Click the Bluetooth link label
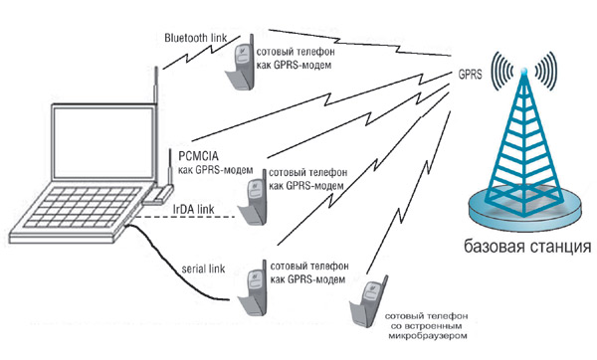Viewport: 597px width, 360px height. pyautogui.click(x=195, y=38)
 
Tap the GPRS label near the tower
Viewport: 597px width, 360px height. pyautogui.click(x=470, y=75)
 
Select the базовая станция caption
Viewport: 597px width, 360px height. pyautogui.click(x=527, y=247)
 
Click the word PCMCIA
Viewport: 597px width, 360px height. pyautogui.click(x=198, y=156)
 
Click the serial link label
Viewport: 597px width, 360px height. pyautogui.click(x=203, y=269)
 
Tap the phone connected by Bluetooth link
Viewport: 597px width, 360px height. pyautogui.click(x=241, y=63)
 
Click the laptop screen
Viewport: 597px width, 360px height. pyautogui.click(x=103, y=142)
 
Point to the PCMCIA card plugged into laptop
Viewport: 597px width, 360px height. pyautogui.click(x=158, y=195)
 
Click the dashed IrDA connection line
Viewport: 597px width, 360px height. pyautogui.click(x=186, y=217)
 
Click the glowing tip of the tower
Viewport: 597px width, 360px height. pyautogui.click(x=524, y=71)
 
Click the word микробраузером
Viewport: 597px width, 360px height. pyautogui.click(x=428, y=336)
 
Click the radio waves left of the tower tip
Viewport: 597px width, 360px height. pyautogui.click(x=502, y=71)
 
